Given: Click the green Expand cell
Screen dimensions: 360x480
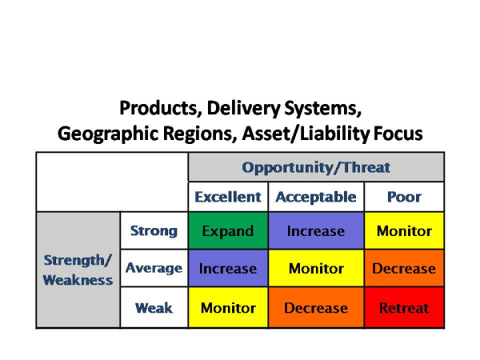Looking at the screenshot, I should (x=228, y=231).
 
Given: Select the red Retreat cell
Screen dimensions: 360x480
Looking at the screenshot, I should (x=404, y=308).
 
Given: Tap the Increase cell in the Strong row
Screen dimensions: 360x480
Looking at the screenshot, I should (x=315, y=231).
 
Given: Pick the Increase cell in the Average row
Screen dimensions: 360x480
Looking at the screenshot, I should (x=228, y=269).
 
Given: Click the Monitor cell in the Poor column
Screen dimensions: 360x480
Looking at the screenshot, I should (x=404, y=231).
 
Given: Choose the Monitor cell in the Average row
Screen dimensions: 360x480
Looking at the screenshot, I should (x=315, y=269).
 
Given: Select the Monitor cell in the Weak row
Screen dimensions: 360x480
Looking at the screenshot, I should (x=228, y=308).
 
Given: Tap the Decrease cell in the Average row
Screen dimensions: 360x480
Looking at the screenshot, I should (x=404, y=269).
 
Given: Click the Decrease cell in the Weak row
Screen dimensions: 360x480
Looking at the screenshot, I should (x=315, y=308).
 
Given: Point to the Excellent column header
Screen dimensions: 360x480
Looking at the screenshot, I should (x=228, y=197).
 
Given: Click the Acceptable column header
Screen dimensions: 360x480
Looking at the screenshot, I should (x=315, y=197).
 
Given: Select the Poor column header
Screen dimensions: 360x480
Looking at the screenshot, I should (x=404, y=197).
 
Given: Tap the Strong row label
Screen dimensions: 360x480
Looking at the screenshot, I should (x=154, y=231).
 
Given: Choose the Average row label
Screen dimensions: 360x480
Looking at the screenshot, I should (x=154, y=269).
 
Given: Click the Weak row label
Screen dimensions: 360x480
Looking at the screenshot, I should (x=154, y=308).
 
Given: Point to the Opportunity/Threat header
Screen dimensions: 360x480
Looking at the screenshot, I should (x=316, y=168).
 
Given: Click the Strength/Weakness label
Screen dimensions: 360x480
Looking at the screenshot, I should (x=78, y=270).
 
